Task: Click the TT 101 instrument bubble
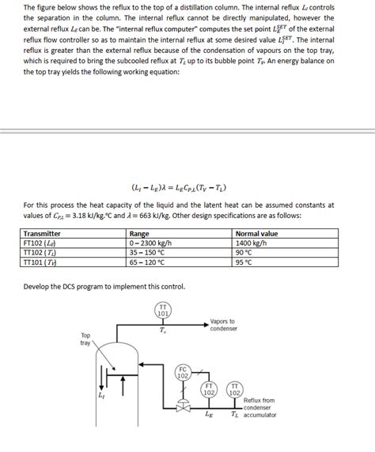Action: tap(162, 310)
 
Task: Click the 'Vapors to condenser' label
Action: tap(223, 325)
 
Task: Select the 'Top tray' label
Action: tap(85, 339)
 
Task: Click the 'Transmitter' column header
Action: tap(43, 234)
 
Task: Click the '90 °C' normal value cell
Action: tap(244, 253)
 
